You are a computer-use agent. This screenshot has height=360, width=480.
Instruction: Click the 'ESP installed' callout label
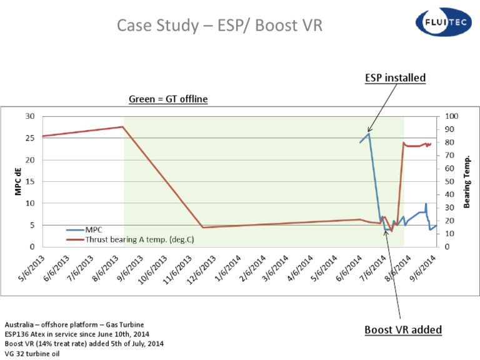(395, 78)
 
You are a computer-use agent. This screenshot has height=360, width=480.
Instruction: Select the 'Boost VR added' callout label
(403, 329)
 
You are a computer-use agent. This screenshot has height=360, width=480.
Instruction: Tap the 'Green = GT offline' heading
(168, 99)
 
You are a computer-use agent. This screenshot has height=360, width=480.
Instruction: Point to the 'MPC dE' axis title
(18, 181)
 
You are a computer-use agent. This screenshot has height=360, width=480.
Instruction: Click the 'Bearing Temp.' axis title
(467, 182)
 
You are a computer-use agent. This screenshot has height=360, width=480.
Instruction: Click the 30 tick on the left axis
(30, 116)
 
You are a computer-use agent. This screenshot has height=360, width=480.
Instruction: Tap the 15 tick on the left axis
(30, 182)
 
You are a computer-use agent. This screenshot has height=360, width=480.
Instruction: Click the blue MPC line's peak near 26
(369, 133)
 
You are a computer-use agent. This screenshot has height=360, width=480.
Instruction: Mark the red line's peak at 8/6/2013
(122, 127)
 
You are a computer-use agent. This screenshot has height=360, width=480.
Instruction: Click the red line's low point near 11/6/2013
(202, 227)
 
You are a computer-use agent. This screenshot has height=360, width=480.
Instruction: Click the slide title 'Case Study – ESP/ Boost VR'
(220, 26)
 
